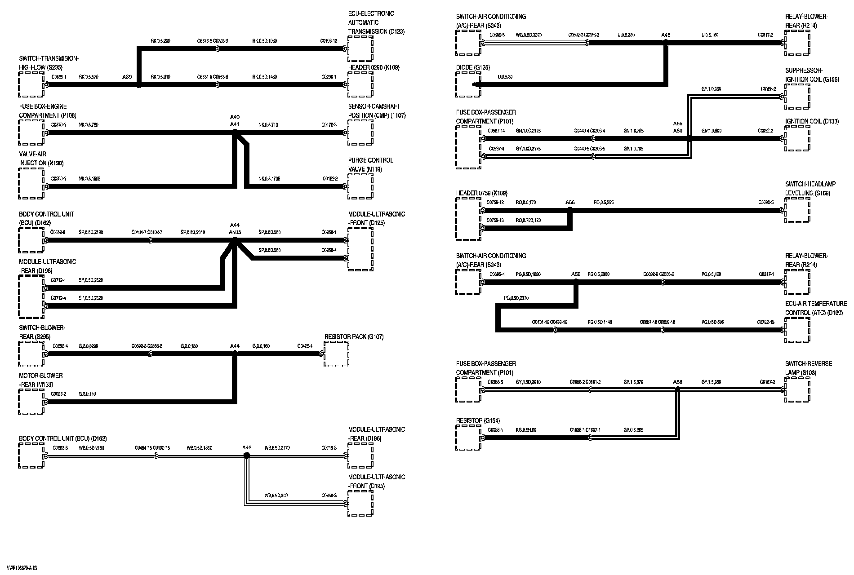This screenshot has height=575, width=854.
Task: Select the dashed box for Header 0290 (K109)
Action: (360, 84)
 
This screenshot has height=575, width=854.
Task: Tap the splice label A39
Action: (127, 77)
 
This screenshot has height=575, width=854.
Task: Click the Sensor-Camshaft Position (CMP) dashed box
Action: (360, 133)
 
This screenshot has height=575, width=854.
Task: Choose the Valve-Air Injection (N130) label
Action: (39, 159)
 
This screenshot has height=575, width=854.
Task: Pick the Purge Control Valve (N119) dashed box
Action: (360, 186)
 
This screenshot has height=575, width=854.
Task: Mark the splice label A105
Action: (235, 232)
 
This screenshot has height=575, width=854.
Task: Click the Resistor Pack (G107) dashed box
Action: (336, 354)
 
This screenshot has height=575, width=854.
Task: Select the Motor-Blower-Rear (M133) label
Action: (41, 380)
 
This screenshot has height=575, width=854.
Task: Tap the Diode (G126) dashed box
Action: (468, 84)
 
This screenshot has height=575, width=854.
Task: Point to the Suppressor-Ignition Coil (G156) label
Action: (812, 75)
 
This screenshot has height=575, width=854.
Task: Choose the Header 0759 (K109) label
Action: (481, 193)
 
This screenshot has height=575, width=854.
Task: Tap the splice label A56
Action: (570, 202)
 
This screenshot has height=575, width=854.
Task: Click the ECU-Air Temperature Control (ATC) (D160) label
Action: (815, 308)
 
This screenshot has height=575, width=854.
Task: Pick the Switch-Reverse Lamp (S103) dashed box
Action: (797, 389)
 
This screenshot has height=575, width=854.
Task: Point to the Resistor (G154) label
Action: (478, 420)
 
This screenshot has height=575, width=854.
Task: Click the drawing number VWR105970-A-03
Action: (22, 568)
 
